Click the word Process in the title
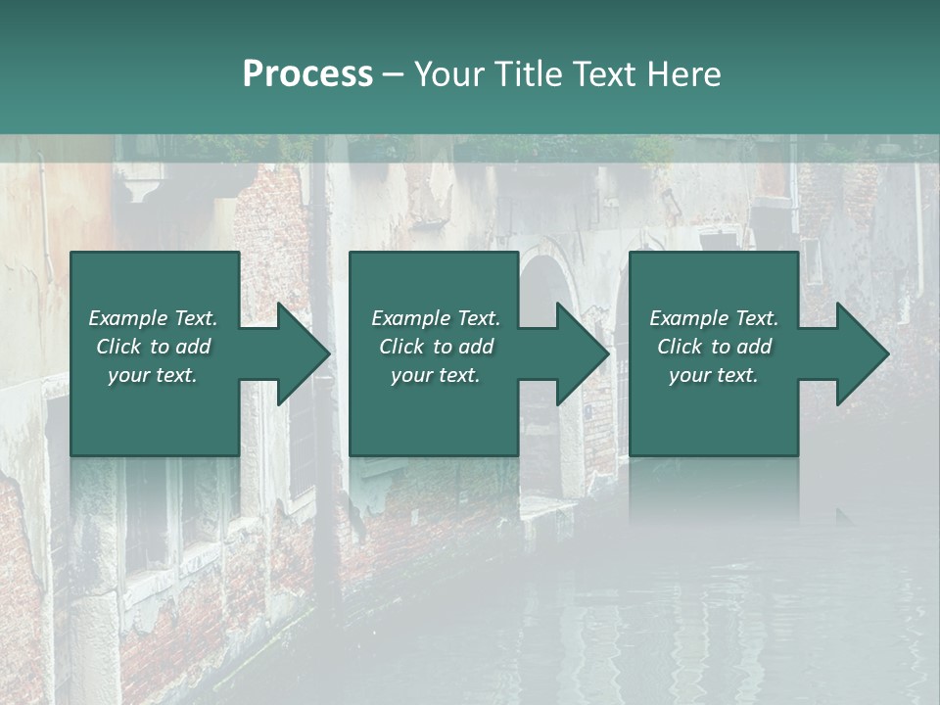pos(307,74)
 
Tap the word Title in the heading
pos(530,74)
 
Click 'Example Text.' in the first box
pos(153,318)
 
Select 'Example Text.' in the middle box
pos(436,318)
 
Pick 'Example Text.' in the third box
pos(714,318)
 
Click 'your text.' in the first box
pos(153,375)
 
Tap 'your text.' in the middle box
pos(436,375)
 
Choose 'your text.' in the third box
pos(714,375)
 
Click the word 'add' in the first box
pos(193,347)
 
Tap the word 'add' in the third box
pos(754,347)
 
